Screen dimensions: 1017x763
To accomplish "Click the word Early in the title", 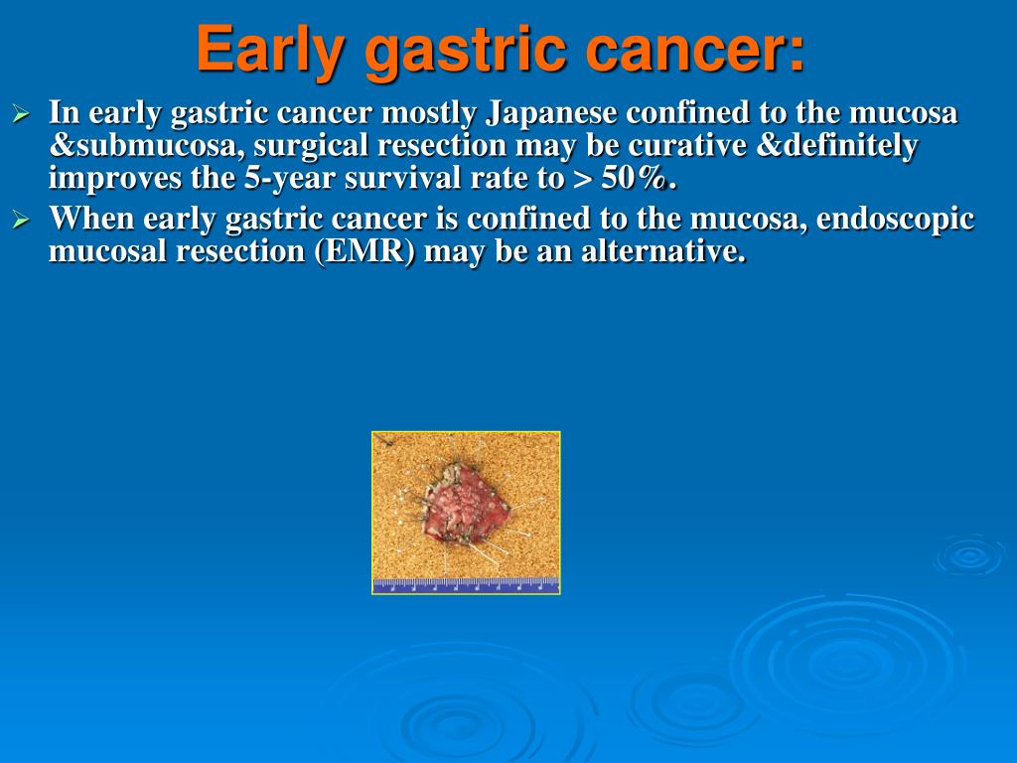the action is [270, 50].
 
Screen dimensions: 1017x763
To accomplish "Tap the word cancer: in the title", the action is [694, 50].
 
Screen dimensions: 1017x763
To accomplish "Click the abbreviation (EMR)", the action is [364, 251].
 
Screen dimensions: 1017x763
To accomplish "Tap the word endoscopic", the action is [895, 220].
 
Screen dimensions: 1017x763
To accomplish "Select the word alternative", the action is [663, 251].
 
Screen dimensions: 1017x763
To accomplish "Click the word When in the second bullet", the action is [91, 219].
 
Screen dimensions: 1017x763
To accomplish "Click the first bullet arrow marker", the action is [22, 115].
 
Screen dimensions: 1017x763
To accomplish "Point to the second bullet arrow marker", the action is [22, 221].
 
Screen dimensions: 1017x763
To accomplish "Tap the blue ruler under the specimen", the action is [466, 585].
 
